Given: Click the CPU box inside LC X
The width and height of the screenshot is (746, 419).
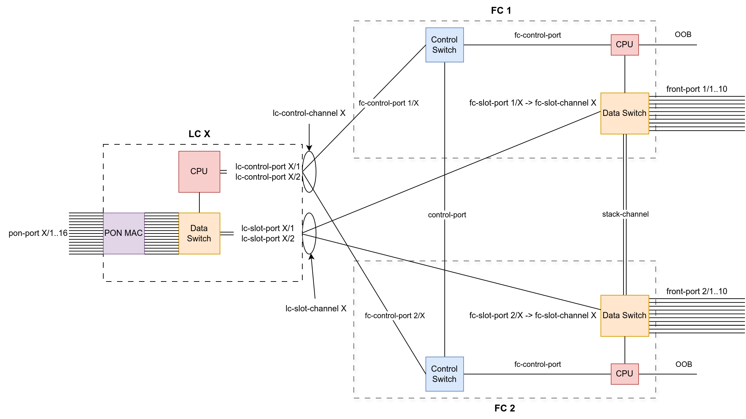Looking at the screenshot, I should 199,171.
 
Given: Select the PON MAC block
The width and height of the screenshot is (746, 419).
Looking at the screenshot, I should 124,233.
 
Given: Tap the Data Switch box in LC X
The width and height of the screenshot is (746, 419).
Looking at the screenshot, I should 199,233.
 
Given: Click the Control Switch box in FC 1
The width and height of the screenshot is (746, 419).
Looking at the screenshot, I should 444,45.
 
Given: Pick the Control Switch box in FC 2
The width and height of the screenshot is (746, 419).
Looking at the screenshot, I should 444,374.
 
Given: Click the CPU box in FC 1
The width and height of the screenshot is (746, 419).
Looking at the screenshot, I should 625,45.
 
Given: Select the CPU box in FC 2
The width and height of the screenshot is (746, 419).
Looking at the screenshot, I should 625,374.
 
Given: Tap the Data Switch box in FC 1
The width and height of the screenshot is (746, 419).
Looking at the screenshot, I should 625,113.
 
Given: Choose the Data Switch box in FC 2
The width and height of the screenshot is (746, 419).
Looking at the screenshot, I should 625,315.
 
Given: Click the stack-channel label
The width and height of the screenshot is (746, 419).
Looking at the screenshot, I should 625,214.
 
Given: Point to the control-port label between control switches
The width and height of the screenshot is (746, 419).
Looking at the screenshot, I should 447,215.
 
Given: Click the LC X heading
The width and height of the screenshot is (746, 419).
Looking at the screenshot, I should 199,134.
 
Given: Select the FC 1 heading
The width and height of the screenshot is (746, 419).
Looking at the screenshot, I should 501,11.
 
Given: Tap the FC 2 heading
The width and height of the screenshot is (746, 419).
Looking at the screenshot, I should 504,408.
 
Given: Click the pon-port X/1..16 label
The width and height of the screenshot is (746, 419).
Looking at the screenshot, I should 38,234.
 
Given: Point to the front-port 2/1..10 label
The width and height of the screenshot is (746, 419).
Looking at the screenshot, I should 697,291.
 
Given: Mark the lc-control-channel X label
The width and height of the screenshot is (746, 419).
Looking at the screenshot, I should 309,113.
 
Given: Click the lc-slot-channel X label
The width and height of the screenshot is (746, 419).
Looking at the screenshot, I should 316,309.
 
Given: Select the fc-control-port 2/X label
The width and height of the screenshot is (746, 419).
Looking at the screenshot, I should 395,315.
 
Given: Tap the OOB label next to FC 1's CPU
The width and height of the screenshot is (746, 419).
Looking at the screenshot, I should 683,35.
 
